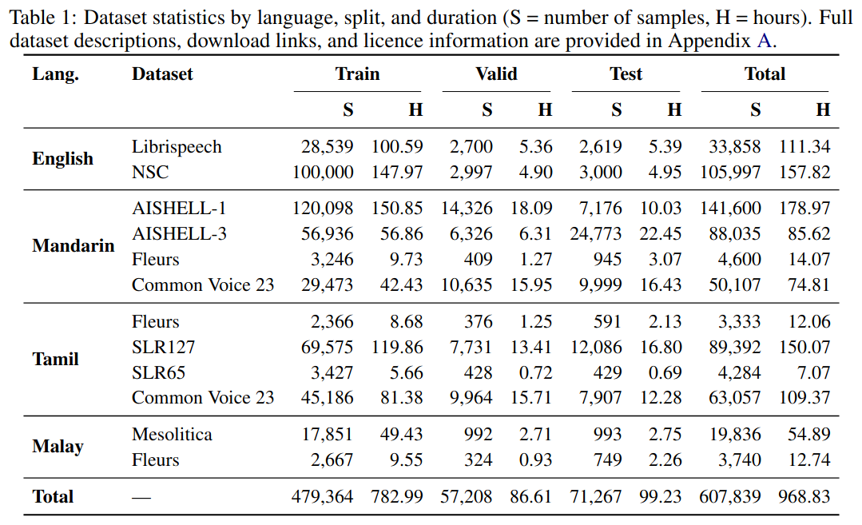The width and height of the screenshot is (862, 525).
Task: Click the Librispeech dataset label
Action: (x=177, y=147)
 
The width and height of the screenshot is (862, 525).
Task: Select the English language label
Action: (x=62, y=159)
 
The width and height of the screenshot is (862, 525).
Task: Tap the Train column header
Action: (x=357, y=74)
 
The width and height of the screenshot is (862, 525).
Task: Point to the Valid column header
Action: (x=496, y=74)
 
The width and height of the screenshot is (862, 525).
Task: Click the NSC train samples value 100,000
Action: (x=322, y=173)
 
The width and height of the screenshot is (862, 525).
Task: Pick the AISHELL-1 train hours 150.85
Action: (x=397, y=209)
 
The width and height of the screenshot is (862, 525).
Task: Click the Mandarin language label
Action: (x=73, y=246)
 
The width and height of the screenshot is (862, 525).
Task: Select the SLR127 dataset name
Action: (x=164, y=348)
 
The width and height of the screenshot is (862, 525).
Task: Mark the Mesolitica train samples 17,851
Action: (x=327, y=435)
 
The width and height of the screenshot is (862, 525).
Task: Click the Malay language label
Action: (x=58, y=447)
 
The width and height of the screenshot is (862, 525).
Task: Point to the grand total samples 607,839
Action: (x=729, y=497)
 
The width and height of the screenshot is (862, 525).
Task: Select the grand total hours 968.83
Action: (x=804, y=497)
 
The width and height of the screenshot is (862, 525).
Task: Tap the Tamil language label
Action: (x=55, y=360)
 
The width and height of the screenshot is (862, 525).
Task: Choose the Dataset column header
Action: (x=162, y=74)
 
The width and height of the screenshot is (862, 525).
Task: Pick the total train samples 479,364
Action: (x=322, y=497)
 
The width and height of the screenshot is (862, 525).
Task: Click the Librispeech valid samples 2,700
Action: (x=471, y=147)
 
